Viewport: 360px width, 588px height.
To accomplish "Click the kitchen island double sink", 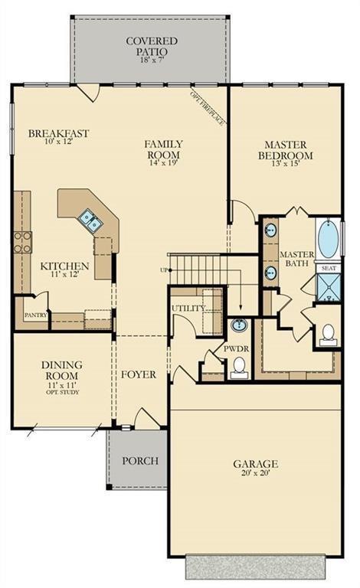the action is pyautogui.click(x=90, y=220).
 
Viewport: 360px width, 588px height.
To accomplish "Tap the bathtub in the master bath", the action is pyautogui.click(x=328, y=239).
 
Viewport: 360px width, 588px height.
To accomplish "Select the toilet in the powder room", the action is pyautogui.click(x=239, y=367).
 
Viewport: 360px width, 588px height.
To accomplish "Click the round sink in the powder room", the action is pyautogui.click(x=238, y=325).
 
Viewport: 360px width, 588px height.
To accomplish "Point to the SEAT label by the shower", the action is pyautogui.click(x=329, y=269).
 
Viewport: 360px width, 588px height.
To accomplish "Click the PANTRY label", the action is pyautogui.click(x=36, y=315).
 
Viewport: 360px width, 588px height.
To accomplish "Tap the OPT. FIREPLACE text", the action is pyautogui.click(x=208, y=108).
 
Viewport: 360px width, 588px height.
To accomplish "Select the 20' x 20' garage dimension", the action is pyautogui.click(x=256, y=473).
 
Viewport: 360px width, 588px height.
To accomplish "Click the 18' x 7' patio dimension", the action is pyautogui.click(x=152, y=60).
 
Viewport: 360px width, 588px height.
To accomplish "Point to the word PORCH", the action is pyautogui.click(x=140, y=460).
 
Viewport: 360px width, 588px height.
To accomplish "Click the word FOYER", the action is pyautogui.click(x=139, y=374).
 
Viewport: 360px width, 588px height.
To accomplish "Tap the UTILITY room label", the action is pyautogui.click(x=188, y=309).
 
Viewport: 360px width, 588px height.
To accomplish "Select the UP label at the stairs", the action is pyautogui.click(x=164, y=270).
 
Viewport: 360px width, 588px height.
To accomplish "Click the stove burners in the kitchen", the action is pyautogui.click(x=22, y=242).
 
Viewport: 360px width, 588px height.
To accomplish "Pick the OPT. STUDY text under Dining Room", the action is pyautogui.click(x=63, y=392).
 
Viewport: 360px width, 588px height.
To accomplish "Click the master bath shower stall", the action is pyautogui.click(x=328, y=287).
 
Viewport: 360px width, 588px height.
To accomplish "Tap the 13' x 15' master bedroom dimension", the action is pyautogui.click(x=286, y=163).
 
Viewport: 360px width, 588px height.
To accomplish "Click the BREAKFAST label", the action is pyautogui.click(x=58, y=133).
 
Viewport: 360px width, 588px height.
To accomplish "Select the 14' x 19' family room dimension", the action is pyautogui.click(x=163, y=163).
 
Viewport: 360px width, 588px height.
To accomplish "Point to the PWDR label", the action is pyautogui.click(x=236, y=348).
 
